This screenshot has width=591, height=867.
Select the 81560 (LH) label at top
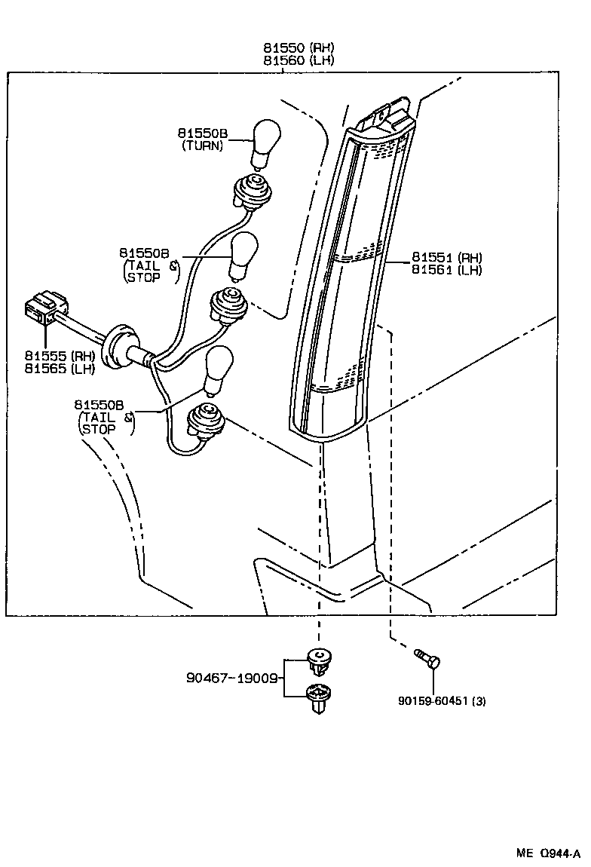point(299,60)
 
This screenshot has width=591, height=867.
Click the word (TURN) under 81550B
point(203,146)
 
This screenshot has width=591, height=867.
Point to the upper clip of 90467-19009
point(321,660)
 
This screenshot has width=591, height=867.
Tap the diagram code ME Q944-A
point(548,853)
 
